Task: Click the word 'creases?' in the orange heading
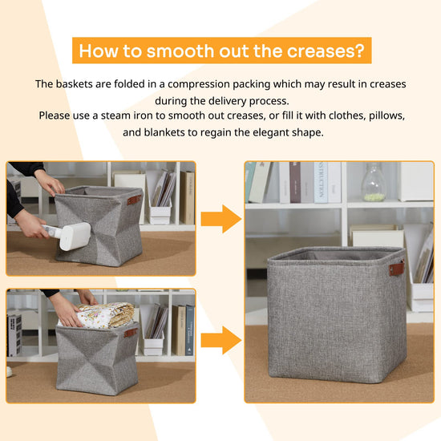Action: coord(326,51)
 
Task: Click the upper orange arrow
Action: coord(221,219)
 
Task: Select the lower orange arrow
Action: coord(221,340)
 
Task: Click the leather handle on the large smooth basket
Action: coord(397,269)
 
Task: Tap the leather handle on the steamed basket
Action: coord(135,200)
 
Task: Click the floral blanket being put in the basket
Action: coord(106,315)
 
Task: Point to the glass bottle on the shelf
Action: coord(374,182)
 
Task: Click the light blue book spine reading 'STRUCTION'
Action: coord(321,182)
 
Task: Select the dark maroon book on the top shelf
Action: coord(295,182)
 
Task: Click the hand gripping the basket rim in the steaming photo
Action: coord(50,183)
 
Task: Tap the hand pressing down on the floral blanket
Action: coord(65,311)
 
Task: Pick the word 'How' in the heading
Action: coord(98,51)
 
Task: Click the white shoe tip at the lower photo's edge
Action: coord(10,372)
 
